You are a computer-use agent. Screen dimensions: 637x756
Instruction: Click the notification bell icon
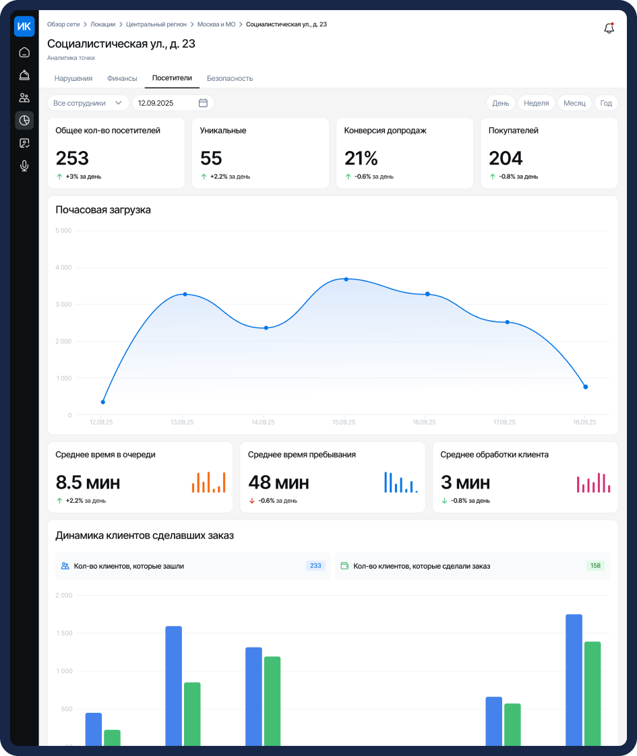click(609, 28)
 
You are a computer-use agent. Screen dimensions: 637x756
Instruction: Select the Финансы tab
click(122, 78)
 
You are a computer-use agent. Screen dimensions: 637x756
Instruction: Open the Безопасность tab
click(230, 78)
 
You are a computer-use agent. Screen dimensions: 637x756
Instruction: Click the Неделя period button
click(536, 103)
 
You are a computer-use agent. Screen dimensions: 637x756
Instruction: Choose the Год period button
click(606, 103)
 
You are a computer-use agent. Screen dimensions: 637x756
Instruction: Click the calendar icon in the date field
click(203, 102)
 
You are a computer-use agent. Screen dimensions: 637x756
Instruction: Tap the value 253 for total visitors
click(72, 158)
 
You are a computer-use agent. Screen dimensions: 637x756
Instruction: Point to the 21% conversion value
click(361, 158)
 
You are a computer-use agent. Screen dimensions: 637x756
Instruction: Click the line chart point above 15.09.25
click(346, 279)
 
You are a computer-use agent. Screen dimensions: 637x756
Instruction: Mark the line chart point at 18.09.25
click(585, 387)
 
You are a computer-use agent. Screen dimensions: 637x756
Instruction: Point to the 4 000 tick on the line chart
click(63, 267)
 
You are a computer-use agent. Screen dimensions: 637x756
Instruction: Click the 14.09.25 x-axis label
click(263, 422)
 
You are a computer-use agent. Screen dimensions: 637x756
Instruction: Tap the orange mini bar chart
click(209, 482)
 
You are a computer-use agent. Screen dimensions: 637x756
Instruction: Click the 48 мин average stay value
click(278, 482)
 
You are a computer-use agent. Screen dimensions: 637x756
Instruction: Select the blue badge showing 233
click(315, 565)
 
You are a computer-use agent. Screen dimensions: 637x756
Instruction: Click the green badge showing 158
click(595, 565)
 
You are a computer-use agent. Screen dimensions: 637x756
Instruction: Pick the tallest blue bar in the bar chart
click(574, 680)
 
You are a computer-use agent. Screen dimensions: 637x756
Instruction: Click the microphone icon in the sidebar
click(24, 166)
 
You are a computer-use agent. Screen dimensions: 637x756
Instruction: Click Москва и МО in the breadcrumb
click(216, 24)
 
